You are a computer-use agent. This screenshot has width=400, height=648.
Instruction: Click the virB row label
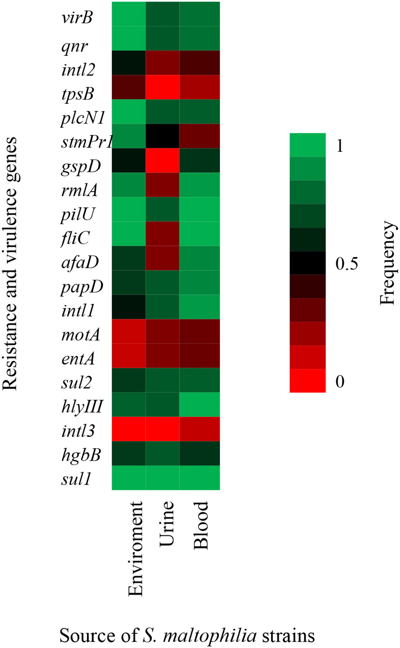(77, 18)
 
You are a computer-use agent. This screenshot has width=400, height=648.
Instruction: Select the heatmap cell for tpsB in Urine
(162, 87)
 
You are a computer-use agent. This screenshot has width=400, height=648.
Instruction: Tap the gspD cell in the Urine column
(162, 160)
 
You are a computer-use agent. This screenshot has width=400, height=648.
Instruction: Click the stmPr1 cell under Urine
(162, 136)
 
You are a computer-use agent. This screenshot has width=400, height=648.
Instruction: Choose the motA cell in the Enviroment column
(129, 331)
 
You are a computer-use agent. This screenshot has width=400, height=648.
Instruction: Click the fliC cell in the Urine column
(162, 234)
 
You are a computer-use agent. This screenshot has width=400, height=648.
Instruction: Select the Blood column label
(201, 525)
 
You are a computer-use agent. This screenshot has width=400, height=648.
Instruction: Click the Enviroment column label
(135, 549)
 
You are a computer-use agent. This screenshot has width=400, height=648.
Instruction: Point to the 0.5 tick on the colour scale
(346, 263)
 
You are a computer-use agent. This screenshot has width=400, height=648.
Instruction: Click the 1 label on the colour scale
(340, 146)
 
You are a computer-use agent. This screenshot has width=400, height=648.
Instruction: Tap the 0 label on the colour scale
(340, 381)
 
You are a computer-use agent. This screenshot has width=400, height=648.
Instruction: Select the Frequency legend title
(387, 263)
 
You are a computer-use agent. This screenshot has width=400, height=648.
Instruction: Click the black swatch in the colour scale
(307, 263)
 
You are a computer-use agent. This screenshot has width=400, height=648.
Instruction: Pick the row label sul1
(76, 479)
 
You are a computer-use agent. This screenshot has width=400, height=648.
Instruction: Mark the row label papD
(82, 287)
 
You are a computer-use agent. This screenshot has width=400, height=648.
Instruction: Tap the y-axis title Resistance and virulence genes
(10, 263)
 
